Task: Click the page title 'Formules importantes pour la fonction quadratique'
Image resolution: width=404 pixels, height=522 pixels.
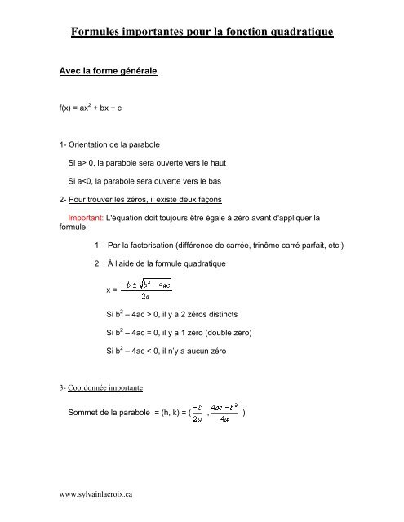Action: [202, 33]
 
